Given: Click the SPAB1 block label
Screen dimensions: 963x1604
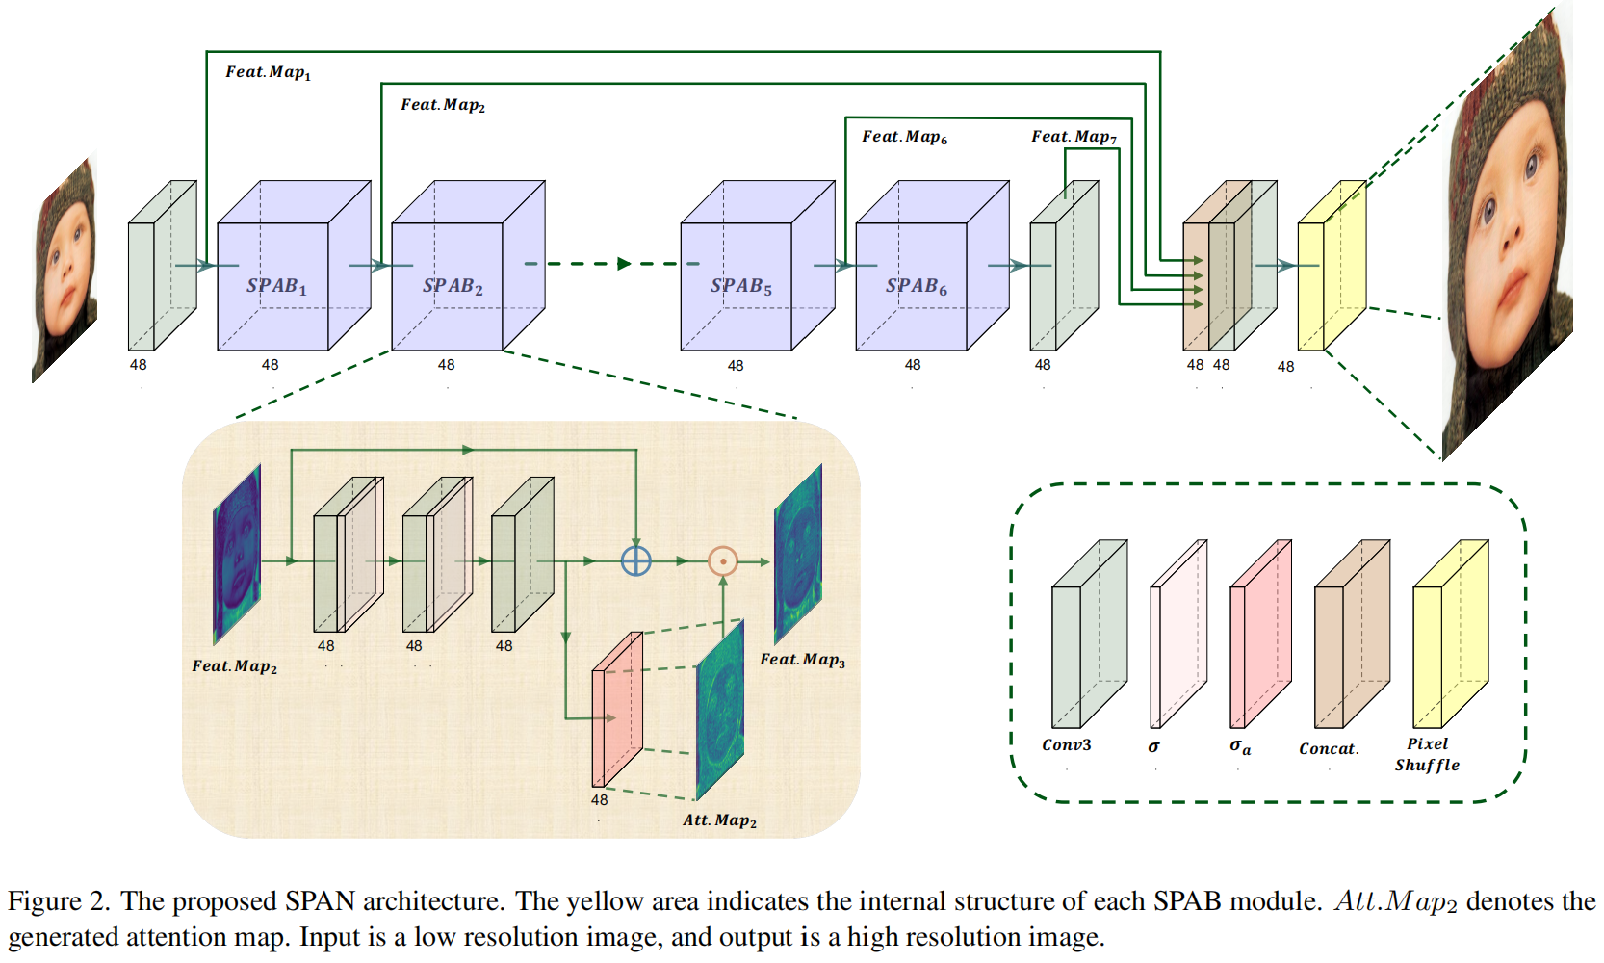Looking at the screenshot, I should (x=276, y=286).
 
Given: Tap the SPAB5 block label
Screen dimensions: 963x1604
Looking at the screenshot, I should (x=740, y=286).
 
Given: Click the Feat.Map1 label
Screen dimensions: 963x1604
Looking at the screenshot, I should (x=268, y=72).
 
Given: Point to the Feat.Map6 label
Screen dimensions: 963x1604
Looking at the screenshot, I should (x=904, y=137).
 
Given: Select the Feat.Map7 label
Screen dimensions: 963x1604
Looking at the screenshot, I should (x=1074, y=137).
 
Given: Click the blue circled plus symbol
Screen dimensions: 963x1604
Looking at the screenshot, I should (x=635, y=560).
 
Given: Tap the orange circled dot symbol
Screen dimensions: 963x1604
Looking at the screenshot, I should (x=722, y=560).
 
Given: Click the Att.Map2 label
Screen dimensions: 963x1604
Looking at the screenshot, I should (x=719, y=820).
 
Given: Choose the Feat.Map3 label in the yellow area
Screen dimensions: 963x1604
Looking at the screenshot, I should (x=802, y=660).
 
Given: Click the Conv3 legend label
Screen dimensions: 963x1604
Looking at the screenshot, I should (x=1066, y=744).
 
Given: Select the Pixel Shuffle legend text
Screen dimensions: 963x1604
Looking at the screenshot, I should (x=1427, y=754).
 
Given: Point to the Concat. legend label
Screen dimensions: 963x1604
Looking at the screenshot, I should (x=1329, y=748).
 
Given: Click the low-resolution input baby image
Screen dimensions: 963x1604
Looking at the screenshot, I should (x=65, y=270).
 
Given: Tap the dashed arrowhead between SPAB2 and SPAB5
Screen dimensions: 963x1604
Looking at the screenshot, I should (x=624, y=263).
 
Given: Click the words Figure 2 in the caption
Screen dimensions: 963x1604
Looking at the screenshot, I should (x=57, y=901).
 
